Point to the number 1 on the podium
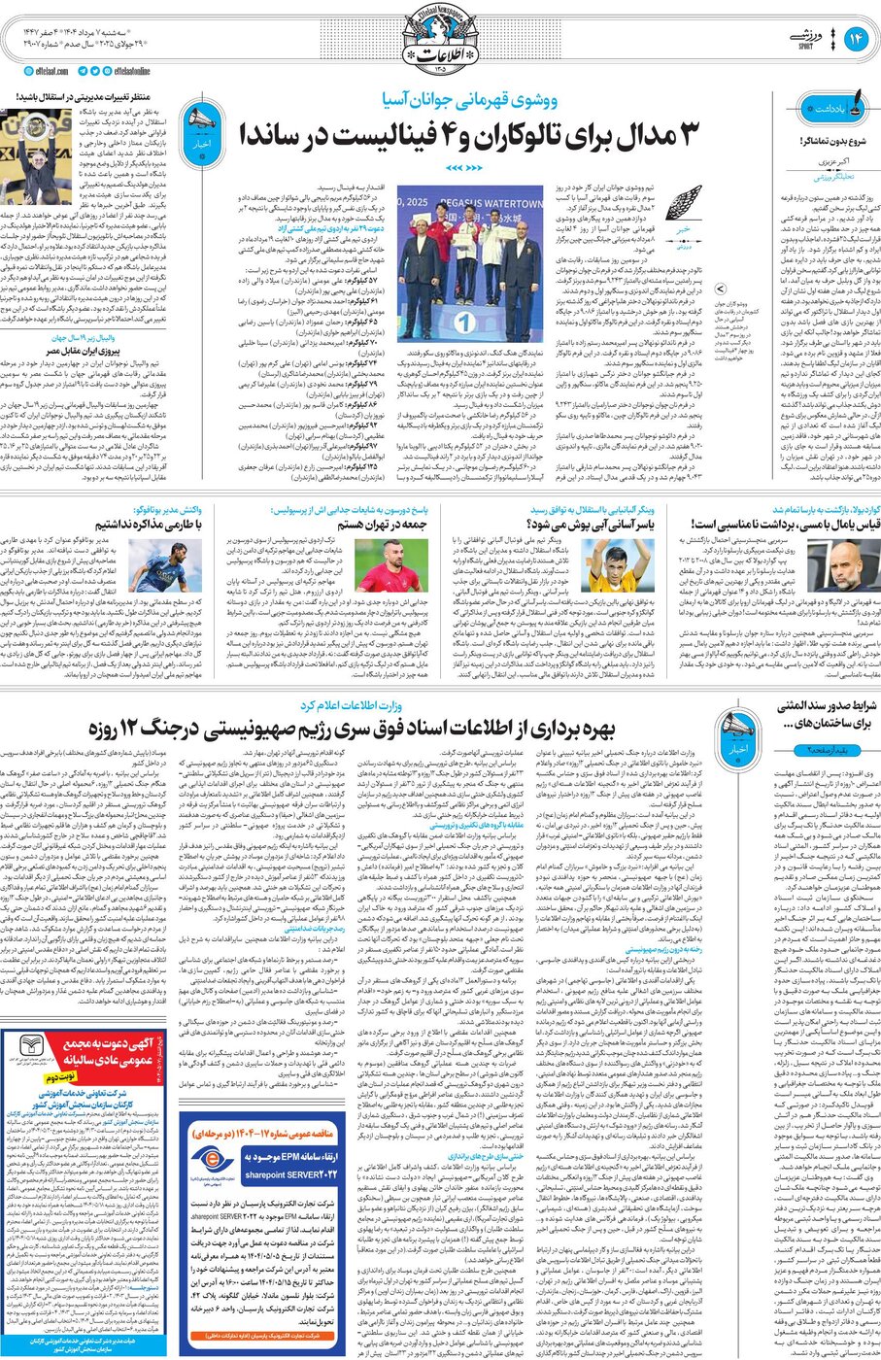click(465, 321)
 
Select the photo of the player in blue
click(177, 566)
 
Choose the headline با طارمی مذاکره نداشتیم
click(155, 523)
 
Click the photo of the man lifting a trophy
click(22, 155)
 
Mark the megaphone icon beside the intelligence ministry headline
click(736, 728)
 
